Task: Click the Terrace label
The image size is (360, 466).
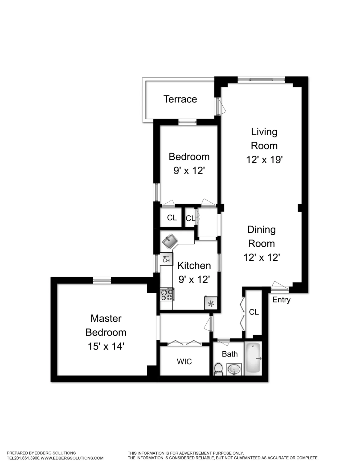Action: tap(180, 99)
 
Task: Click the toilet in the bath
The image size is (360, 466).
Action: tap(218, 369)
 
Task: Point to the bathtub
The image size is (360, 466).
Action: tap(253, 359)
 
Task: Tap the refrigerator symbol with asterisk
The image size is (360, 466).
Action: tap(211, 303)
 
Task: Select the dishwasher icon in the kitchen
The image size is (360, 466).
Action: tap(166, 259)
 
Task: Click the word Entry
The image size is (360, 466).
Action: tap(281, 300)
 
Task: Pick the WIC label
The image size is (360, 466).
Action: tap(184, 362)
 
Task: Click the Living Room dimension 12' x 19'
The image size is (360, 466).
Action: tap(264, 160)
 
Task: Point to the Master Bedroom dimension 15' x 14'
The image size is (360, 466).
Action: tap(106, 347)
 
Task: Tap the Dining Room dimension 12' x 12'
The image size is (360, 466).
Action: tap(262, 257)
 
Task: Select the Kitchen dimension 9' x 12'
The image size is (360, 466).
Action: tap(194, 280)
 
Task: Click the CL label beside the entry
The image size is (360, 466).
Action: tap(254, 312)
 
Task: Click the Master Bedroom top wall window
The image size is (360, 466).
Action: tap(102, 280)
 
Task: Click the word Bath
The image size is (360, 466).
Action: tap(229, 354)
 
